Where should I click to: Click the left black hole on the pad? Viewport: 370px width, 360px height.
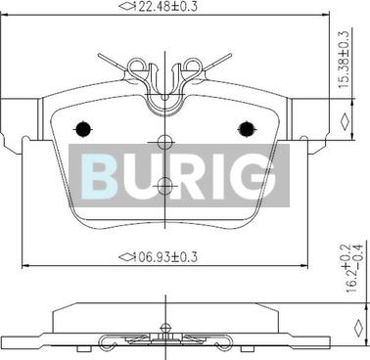83,127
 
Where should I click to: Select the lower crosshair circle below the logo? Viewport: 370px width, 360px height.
164,185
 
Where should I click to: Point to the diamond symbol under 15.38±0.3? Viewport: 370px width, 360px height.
343,121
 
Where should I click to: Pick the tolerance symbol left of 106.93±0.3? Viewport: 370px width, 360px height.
125,257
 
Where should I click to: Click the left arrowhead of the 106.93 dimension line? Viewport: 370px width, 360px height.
24,266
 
